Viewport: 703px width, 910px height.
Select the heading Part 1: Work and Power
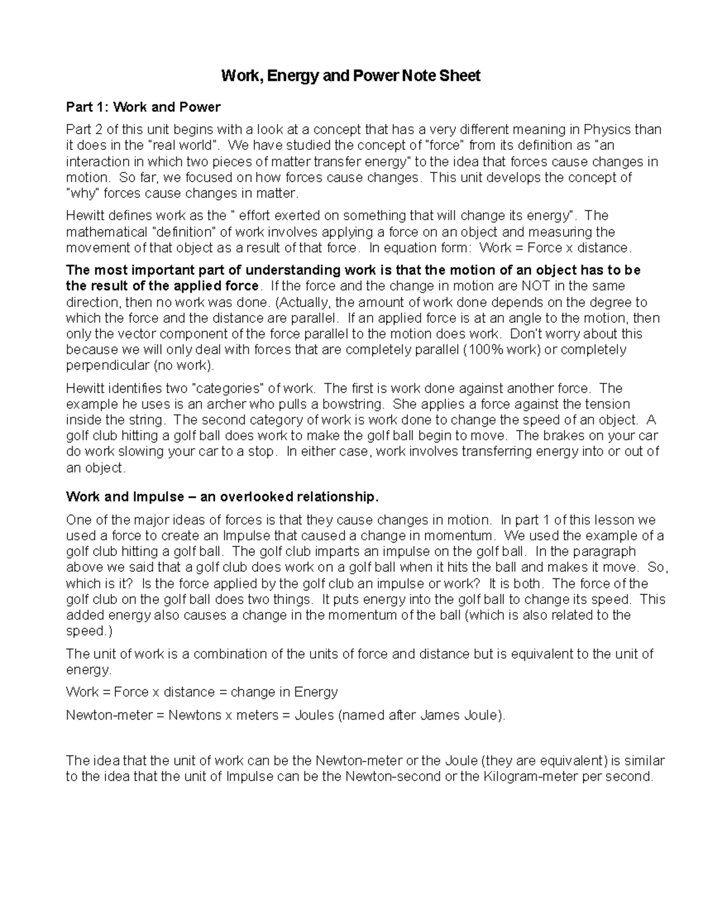click(143, 107)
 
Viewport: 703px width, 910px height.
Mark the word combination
click(233, 654)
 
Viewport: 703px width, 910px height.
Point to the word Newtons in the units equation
click(193, 715)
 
